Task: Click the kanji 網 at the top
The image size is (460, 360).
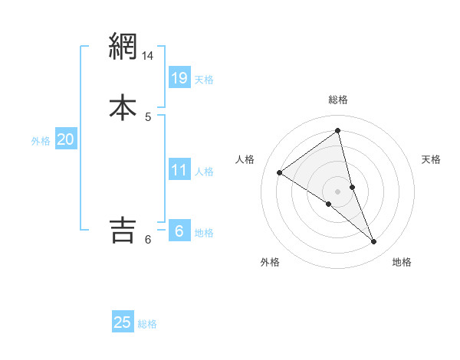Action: [x=123, y=47]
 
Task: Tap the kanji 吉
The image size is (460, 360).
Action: [x=123, y=229]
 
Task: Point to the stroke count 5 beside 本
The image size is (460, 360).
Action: [x=148, y=117]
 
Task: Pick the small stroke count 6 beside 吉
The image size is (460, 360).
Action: [x=148, y=240]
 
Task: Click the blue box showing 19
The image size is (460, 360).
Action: [x=179, y=78]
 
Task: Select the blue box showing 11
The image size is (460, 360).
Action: [x=179, y=170]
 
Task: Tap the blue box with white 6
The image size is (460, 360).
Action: [x=179, y=231]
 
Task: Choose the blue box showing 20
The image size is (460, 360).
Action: [x=66, y=139]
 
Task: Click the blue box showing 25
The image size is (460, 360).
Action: [x=123, y=322]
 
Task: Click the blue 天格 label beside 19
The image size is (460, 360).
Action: [x=204, y=80]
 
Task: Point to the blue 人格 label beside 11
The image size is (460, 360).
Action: [x=204, y=172]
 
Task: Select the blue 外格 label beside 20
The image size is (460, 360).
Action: [x=41, y=141]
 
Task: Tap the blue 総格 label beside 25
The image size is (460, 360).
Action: [x=147, y=324]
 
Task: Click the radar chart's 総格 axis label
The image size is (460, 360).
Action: [x=338, y=100]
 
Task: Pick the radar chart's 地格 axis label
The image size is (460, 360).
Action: [x=402, y=263]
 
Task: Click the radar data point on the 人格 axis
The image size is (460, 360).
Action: [x=279, y=172]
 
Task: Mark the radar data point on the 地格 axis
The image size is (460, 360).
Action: [x=374, y=242]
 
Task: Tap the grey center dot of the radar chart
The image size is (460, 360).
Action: [x=338, y=191]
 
